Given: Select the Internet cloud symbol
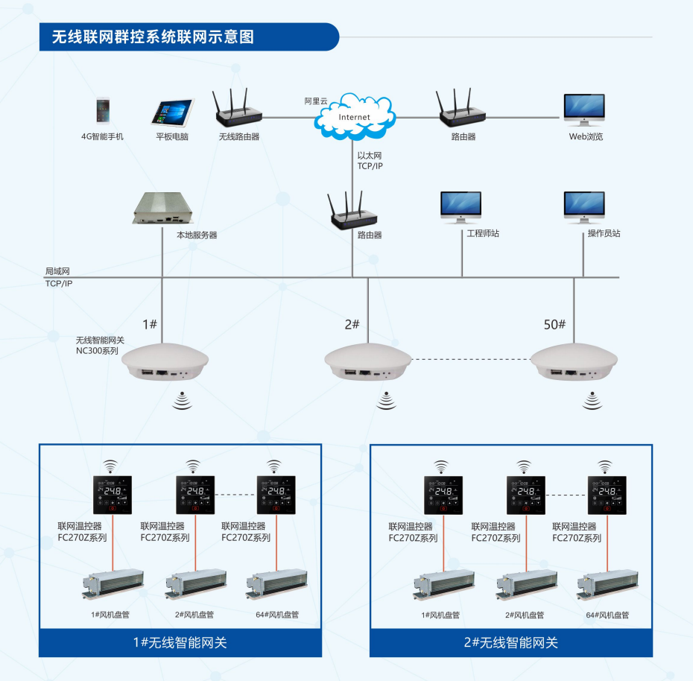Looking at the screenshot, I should [354, 115].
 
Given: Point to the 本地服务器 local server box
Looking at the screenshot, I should [162, 209].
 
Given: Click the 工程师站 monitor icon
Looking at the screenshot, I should [461, 207].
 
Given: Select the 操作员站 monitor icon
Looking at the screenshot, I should [583, 207].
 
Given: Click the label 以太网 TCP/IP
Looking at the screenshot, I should [370, 161].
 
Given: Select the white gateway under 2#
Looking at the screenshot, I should [367, 361].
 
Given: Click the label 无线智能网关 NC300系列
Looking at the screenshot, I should [100, 345].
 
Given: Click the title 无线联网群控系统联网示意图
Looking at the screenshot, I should [152, 37].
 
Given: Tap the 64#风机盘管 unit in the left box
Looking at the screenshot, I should [276, 586].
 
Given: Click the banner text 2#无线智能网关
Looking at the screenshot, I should [510, 642].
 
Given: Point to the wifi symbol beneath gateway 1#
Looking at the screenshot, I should [183, 402].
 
